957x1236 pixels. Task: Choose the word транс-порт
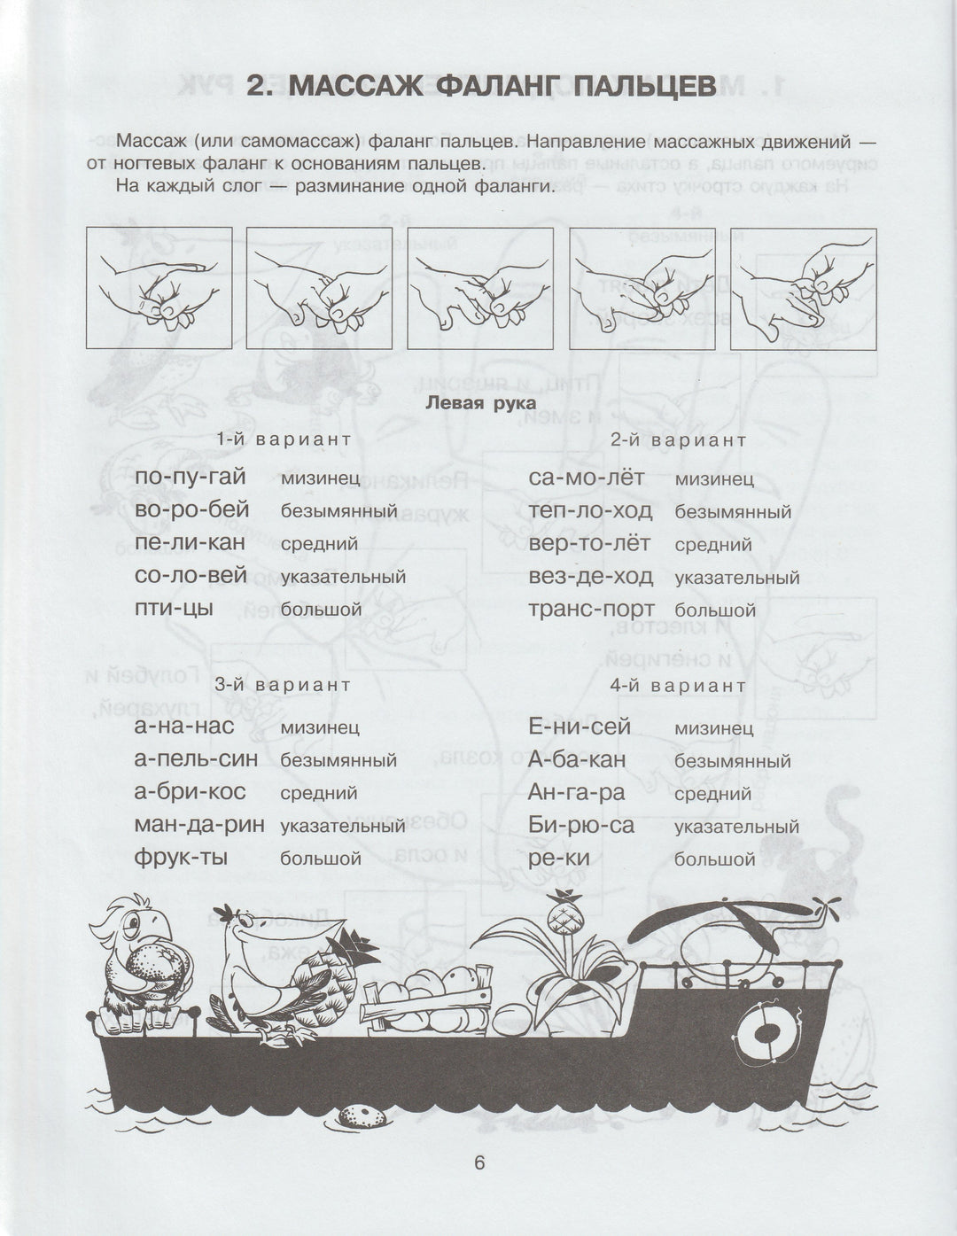click(591, 610)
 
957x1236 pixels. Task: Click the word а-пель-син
click(196, 759)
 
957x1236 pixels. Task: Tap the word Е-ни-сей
click(580, 727)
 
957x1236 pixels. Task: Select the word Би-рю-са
click(581, 826)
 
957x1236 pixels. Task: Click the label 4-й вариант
click(678, 686)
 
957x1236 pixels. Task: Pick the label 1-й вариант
click(284, 439)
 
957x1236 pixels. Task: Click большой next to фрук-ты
click(320, 859)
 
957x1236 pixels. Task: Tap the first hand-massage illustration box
click(159, 287)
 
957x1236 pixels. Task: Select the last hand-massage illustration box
click(803, 287)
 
